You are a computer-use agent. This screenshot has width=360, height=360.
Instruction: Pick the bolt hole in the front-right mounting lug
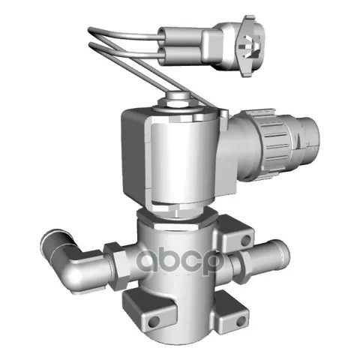(241, 322)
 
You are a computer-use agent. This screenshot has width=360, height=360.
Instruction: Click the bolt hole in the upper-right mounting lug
(246, 241)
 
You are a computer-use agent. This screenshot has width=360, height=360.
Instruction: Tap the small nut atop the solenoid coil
(176, 99)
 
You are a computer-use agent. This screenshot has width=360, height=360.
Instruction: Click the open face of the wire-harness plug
(250, 46)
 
